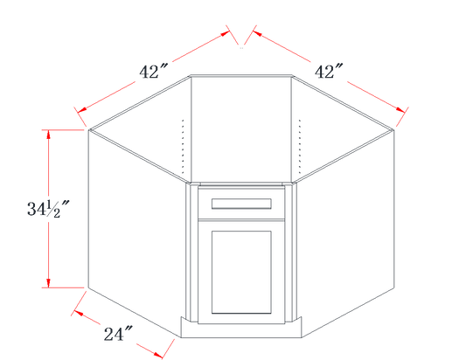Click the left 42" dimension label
click(x=154, y=72)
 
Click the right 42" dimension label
click(x=329, y=72)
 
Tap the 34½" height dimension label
click(x=48, y=209)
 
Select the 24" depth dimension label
click(x=118, y=334)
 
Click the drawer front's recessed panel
click(x=241, y=204)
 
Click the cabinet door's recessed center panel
click(x=241, y=272)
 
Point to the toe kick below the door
click(x=241, y=330)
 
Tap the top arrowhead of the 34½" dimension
click(x=48, y=135)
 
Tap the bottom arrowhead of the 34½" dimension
click(x=48, y=283)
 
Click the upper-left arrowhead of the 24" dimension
click(x=79, y=313)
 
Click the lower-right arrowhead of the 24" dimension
click(x=158, y=354)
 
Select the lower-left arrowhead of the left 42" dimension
click(x=82, y=110)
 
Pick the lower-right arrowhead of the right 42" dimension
click(x=400, y=110)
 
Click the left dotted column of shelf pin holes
click(x=183, y=147)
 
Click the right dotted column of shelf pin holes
click(x=300, y=147)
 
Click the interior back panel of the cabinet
click(x=241, y=129)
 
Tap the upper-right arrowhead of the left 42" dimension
click(x=225, y=33)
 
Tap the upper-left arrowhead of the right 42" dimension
click(x=257, y=33)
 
